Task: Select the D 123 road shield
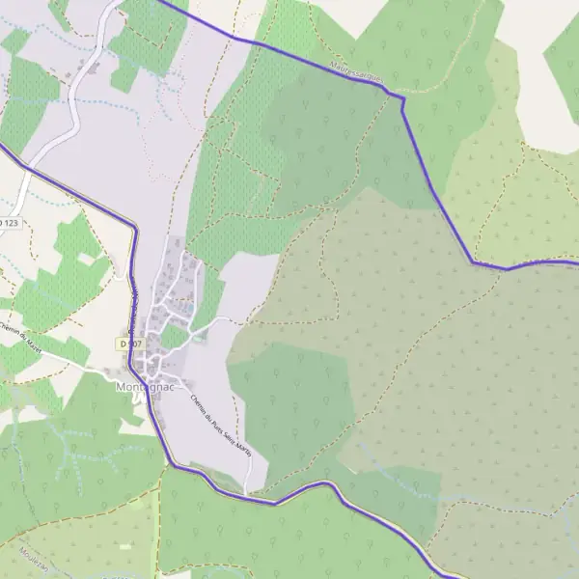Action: pos(8,223)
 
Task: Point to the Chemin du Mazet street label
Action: pos(21,337)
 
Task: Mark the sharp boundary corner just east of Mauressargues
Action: pos(401,97)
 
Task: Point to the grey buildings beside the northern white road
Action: pos(94,66)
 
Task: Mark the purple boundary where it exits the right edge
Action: pos(576,261)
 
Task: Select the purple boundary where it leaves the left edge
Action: pos(2,148)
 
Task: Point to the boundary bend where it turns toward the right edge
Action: pos(474,262)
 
